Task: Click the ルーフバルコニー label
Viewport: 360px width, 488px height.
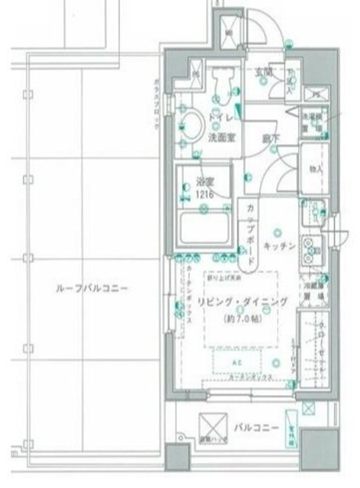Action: point(92,289)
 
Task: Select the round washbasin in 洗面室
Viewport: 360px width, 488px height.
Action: point(191,123)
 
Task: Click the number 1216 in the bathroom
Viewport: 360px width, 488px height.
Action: point(203,195)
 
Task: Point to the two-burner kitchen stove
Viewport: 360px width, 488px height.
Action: point(311,248)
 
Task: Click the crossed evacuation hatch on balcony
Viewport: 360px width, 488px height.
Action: point(212,425)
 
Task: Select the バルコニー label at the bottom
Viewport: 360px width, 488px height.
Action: point(256,428)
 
